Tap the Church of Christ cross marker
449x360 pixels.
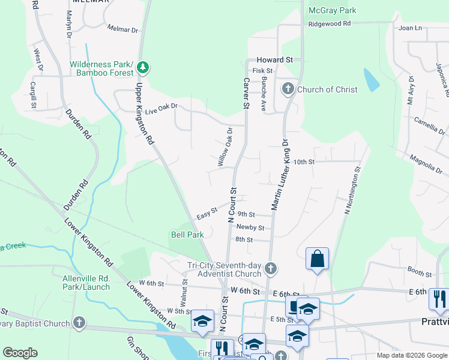point(288,89)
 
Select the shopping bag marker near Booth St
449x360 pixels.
point(316,260)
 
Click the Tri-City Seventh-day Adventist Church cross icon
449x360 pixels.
point(270,269)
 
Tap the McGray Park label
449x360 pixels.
point(332,10)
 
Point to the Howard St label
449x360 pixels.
point(274,60)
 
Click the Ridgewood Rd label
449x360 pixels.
point(329,23)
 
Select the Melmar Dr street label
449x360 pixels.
point(122,29)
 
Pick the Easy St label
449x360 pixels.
point(206,215)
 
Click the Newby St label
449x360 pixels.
point(250,227)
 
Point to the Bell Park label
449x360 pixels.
point(187,235)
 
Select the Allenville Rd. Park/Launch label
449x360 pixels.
point(86,283)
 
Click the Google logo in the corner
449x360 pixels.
point(20,353)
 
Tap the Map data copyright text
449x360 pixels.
point(411,355)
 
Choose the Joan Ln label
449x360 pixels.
point(410,28)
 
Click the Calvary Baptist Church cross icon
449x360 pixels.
point(79,323)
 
